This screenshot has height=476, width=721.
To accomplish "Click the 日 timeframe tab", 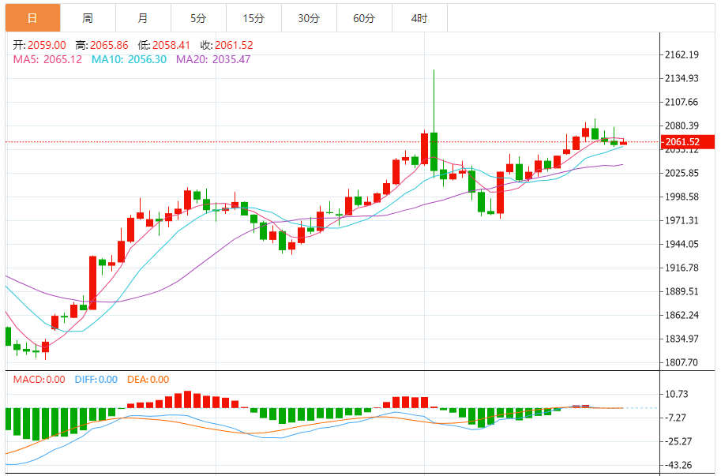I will (32, 17).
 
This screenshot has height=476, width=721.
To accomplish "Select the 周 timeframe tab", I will (87, 17).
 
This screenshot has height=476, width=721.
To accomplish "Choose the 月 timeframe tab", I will (142, 17).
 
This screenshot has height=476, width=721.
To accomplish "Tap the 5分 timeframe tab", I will (197, 17).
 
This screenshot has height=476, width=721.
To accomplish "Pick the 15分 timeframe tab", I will (253, 17).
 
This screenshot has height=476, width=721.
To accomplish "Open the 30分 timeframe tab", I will (309, 17).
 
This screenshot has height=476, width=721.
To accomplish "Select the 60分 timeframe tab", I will (364, 17).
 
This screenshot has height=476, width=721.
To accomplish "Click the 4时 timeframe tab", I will (419, 17).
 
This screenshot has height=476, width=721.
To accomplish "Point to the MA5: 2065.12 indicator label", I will (47, 59).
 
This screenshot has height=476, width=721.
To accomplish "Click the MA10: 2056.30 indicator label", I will (129, 59).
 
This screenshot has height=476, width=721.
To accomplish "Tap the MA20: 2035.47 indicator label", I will (212, 59).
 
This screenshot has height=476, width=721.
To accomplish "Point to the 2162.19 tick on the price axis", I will (683, 54).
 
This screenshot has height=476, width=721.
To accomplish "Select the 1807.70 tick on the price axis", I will (683, 363).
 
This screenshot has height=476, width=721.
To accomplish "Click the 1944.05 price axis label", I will (683, 245).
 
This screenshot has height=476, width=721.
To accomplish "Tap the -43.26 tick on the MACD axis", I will (681, 465).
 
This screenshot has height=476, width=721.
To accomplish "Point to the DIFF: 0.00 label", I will (96, 380).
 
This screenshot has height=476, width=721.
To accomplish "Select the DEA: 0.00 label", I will (148, 380).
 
